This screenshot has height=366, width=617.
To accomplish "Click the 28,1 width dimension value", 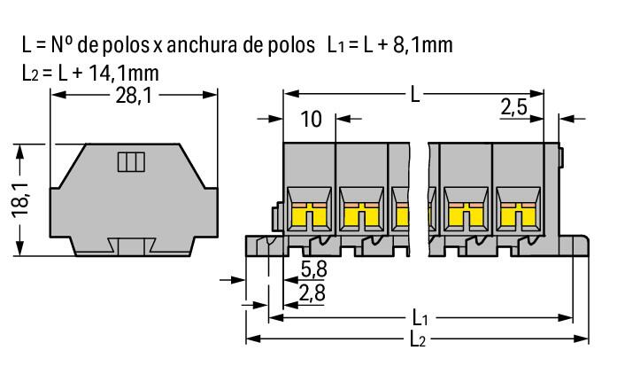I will point(133,97).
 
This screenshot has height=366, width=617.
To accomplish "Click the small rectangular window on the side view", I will point(130,161).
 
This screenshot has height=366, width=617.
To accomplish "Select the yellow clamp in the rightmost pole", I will point(518,213).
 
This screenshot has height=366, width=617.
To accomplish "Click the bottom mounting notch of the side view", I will point(133,245).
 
